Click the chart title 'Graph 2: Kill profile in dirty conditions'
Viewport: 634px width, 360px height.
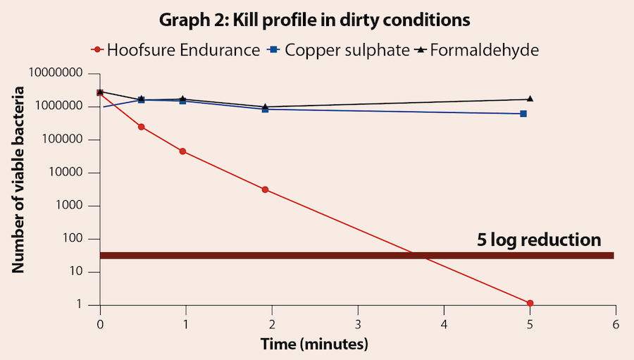[314, 20]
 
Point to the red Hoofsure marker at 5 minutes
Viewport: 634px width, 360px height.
[530, 303]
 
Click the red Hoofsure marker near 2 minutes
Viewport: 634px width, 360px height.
[265, 190]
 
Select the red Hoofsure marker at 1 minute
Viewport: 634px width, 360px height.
[182, 151]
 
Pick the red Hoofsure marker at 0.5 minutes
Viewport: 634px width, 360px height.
[142, 127]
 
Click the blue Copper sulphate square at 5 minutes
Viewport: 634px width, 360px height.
[523, 113]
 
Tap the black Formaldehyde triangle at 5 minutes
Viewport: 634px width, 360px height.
[530, 99]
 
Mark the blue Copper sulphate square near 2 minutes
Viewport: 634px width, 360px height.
[265, 109]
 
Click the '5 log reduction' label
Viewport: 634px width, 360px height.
[539, 240]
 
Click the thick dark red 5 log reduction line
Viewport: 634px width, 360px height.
[352, 256]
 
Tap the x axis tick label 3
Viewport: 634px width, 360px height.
[358, 325]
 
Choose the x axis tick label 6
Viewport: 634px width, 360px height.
[616, 325]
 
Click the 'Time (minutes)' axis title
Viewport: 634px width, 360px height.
[315, 345]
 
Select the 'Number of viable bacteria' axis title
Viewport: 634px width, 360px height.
[19, 180]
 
